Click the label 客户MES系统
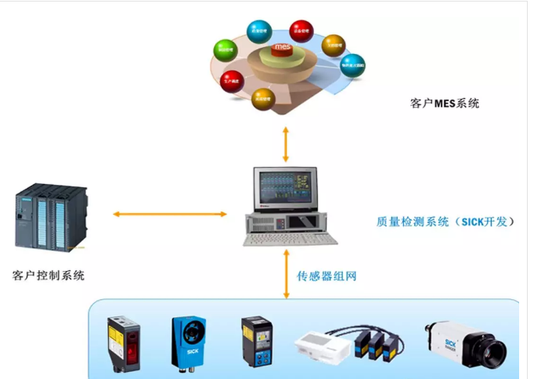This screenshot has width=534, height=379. click(444, 103)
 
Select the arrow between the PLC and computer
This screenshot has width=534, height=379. click(168, 214)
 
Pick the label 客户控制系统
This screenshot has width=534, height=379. click(49, 275)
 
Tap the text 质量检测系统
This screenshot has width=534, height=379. click(413, 222)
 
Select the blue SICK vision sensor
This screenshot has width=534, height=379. click(188, 342)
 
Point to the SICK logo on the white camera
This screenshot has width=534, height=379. click(451, 342)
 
